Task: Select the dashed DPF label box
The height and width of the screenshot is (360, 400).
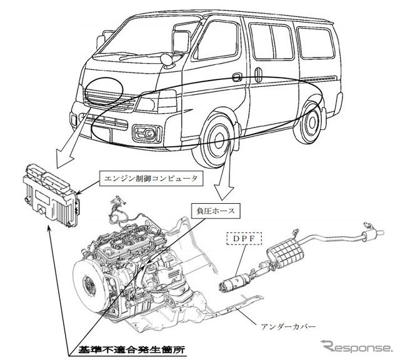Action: coord(243,237)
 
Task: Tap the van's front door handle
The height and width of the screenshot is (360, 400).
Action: coord(237,77)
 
